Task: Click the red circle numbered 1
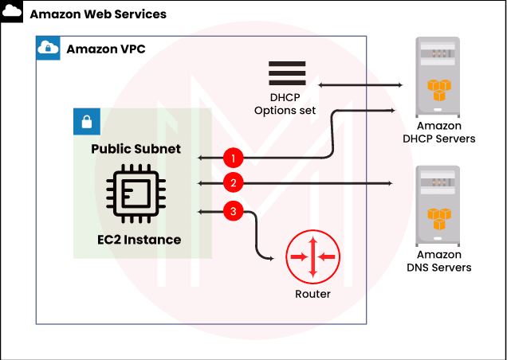[232, 158]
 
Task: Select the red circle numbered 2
[233, 183]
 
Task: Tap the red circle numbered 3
[233, 211]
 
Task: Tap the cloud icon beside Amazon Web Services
[13, 13]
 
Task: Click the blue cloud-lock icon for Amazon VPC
[49, 48]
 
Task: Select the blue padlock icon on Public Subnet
[86, 120]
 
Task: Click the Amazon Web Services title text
[98, 14]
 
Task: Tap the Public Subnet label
[136, 149]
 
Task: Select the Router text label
[312, 294]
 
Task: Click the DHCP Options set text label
[285, 104]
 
